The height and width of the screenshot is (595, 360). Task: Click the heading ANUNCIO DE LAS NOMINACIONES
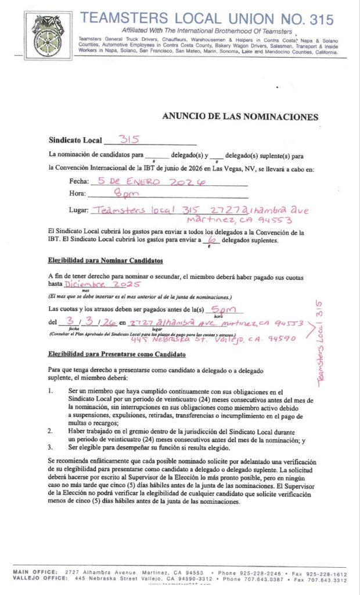click(240, 117)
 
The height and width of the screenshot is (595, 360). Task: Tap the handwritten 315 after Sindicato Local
click(132, 139)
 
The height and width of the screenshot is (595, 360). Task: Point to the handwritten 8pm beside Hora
click(127, 193)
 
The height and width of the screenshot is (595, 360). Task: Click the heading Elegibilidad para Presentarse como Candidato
click(117, 354)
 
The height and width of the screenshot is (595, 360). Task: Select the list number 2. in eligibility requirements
click(51, 432)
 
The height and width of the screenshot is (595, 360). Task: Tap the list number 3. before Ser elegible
click(51, 447)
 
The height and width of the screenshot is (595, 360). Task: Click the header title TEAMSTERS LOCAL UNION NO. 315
click(207, 19)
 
